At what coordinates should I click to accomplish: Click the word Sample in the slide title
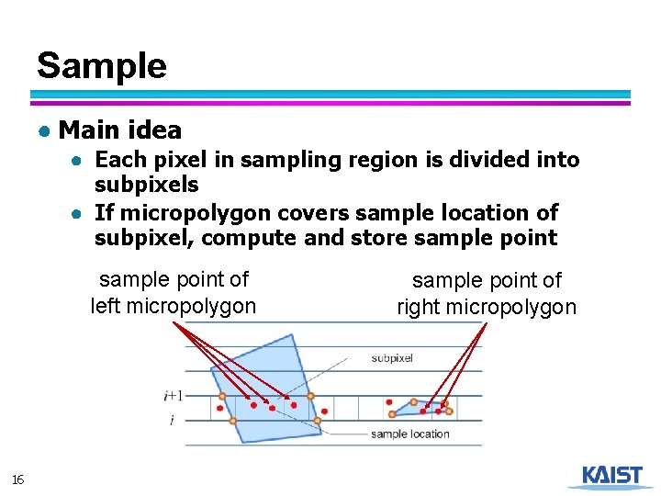click(102, 66)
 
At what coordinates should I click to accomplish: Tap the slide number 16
click(17, 479)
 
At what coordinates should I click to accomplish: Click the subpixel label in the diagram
click(392, 358)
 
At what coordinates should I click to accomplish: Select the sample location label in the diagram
click(409, 434)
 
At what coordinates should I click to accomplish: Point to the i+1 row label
click(173, 396)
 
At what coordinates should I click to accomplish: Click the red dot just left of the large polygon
click(220, 408)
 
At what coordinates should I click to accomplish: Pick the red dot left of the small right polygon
click(389, 401)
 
